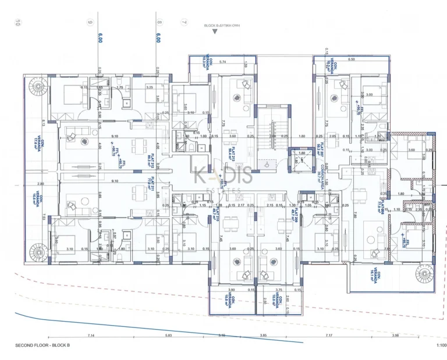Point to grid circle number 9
click(x=90, y=23)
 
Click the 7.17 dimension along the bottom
click(x=328, y=336)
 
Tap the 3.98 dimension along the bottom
click(x=395, y=336)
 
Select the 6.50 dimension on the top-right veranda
click(x=351, y=59)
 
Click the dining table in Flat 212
click(x=136, y=144)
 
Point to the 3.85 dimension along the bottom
click(x=262, y=336)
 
